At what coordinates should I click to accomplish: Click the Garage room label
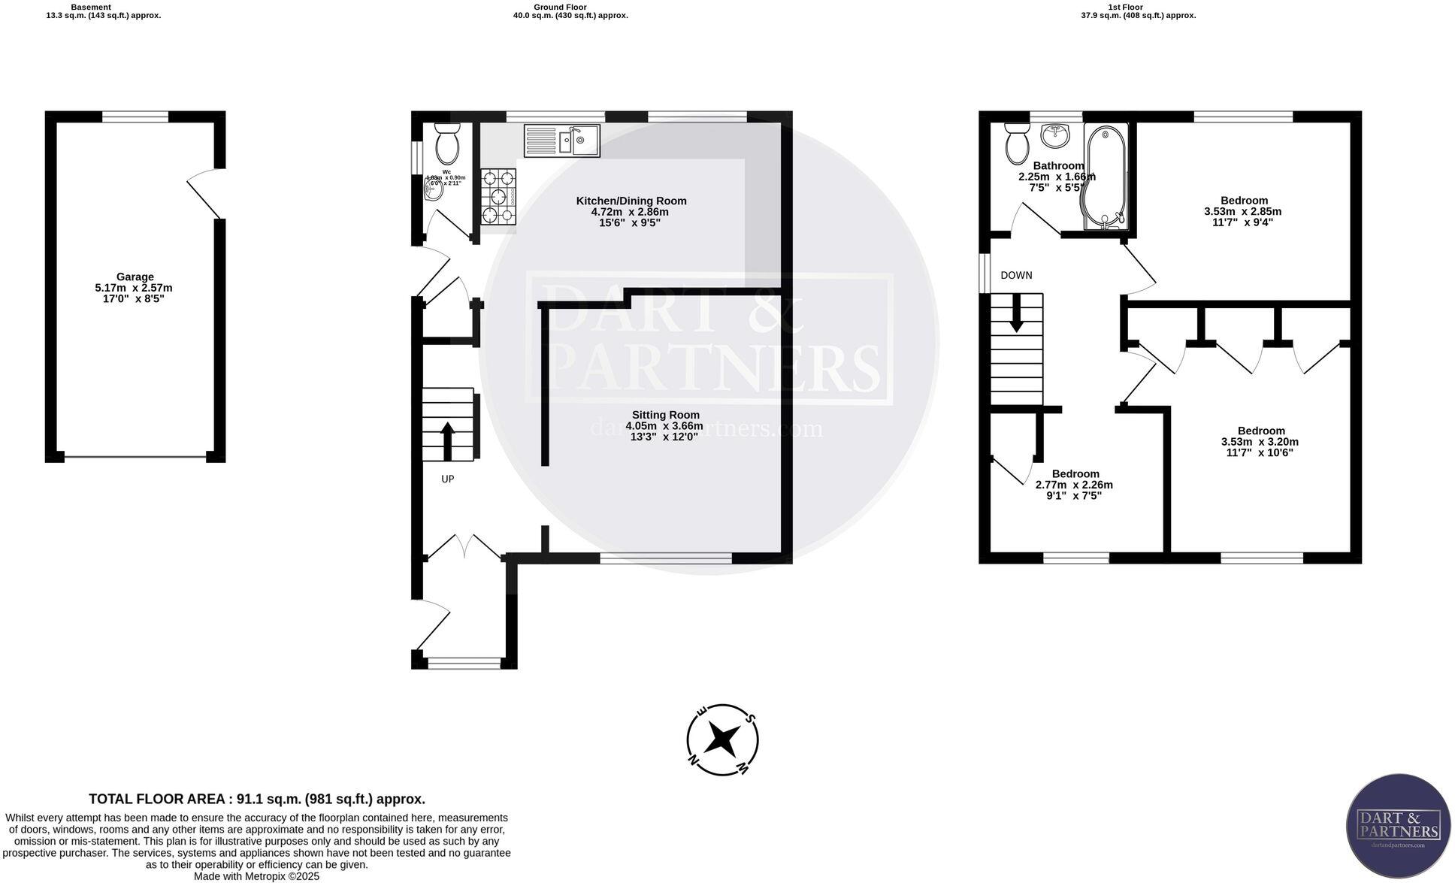(135, 287)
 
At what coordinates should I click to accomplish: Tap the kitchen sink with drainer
(562, 141)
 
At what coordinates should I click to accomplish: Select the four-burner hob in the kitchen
(498, 197)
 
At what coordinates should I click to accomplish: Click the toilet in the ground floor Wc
(447, 144)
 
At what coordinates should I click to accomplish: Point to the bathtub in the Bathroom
(1104, 177)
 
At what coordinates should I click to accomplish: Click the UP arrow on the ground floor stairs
(447, 441)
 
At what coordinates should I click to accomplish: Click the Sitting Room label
(665, 425)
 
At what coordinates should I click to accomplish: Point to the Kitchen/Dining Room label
(631, 211)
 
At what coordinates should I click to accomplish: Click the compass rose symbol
(722, 739)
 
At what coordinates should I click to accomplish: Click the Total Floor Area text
(257, 799)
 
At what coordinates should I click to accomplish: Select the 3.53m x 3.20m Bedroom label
(1261, 441)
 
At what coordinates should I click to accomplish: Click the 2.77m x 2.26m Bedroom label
(1075, 485)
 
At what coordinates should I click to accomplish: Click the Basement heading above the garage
(91, 7)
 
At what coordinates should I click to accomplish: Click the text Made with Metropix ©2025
(257, 876)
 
